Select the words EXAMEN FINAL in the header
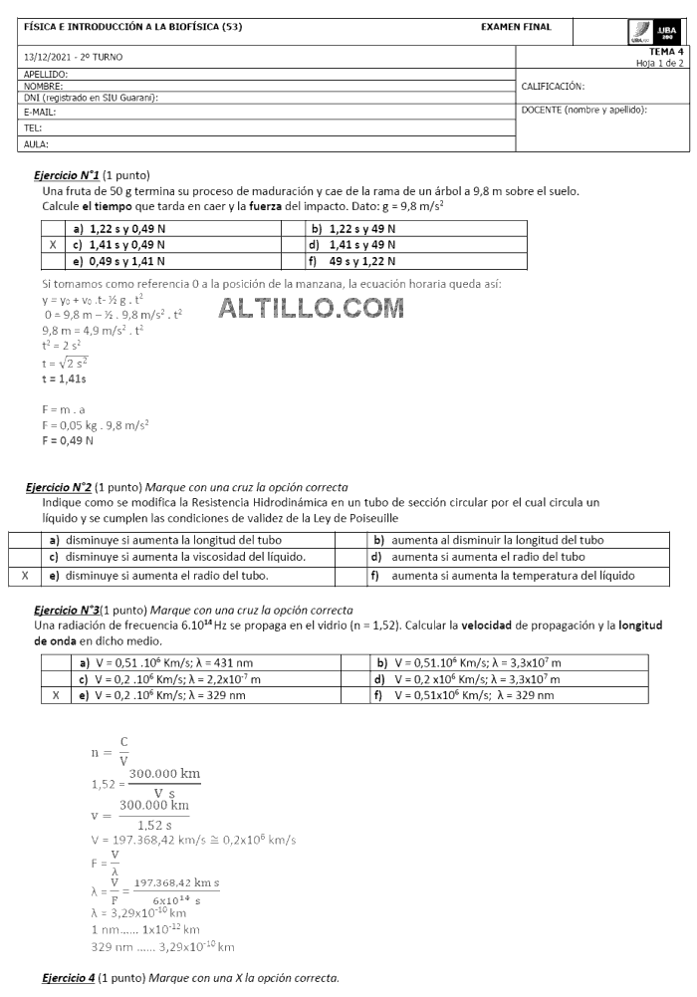[515, 27]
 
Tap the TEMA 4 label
[666, 51]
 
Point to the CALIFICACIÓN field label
[553, 87]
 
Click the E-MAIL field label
[40, 113]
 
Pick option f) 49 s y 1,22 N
[353, 261]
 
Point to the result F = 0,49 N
[68, 439]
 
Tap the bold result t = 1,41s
[64, 379]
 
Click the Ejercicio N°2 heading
[63, 487]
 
